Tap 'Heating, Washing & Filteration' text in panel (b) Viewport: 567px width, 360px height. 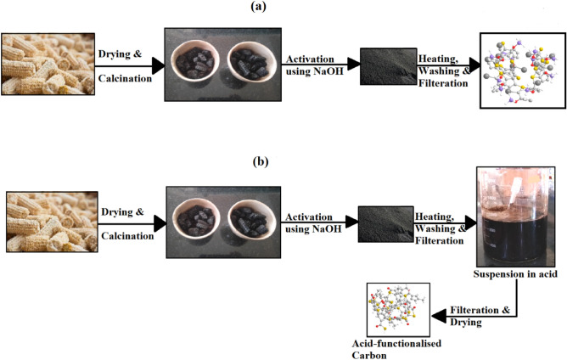(x=442, y=228)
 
